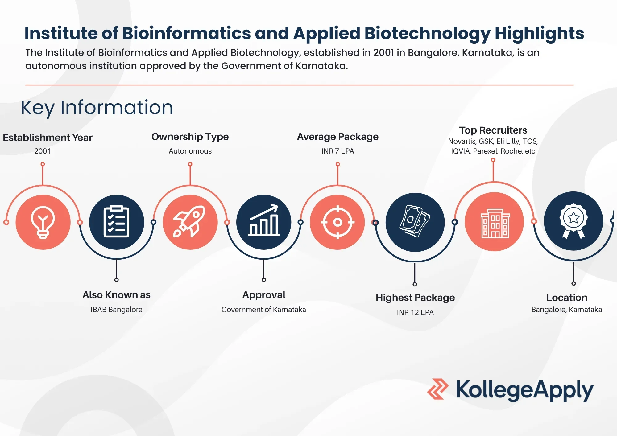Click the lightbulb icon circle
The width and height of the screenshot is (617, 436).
[43, 222]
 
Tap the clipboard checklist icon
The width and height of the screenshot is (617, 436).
[116, 222]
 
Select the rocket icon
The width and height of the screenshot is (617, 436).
[190, 222]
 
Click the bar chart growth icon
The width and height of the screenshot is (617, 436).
[264, 222]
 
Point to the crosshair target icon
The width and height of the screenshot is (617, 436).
[337, 222]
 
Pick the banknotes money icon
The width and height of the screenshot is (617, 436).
[415, 222]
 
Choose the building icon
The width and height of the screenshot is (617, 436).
[495, 222]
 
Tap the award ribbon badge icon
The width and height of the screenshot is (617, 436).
[573, 221]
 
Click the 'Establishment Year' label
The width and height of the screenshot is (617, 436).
[48, 138]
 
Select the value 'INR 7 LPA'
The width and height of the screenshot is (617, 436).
[337, 151]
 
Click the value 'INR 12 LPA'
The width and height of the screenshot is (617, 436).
[415, 312]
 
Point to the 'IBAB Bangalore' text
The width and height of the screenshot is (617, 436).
[116, 310]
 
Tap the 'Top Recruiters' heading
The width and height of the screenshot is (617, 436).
[493, 130]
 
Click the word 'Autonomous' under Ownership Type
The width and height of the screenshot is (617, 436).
[190, 151]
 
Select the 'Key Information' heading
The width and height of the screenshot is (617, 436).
[97, 108]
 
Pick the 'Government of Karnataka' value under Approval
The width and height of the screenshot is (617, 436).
[263, 310]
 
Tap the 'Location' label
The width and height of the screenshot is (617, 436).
[566, 298]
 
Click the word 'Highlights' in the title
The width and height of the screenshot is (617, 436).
[539, 33]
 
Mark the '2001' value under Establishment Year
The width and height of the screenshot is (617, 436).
[43, 151]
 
